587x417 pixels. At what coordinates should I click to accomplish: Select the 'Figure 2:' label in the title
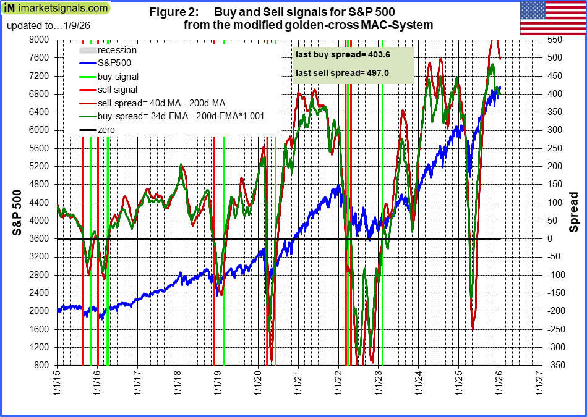tap(168, 12)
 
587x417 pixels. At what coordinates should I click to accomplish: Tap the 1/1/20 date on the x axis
tap(258, 384)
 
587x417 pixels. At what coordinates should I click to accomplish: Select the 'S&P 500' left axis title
tap(19, 202)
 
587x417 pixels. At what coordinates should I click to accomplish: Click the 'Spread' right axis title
tap(573, 212)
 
